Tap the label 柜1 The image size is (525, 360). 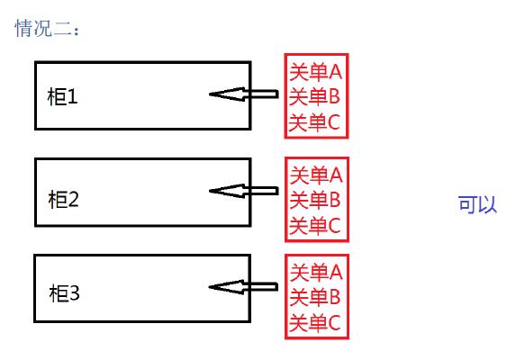pyautogui.click(x=62, y=96)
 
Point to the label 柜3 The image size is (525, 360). pyautogui.click(x=65, y=293)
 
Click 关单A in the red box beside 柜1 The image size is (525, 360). pyautogui.click(x=315, y=71)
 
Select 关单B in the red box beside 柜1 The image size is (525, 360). pyautogui.click(x=315, y=96)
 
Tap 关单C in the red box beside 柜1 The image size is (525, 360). pyautogui.click(x=315, y=121)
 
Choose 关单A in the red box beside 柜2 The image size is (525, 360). pyautogui.click(x=315, y=174)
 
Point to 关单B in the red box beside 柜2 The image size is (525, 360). pyautogui.click(x=315, y=199)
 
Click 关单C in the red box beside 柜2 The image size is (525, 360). pyautogui.click(x=315, y=224)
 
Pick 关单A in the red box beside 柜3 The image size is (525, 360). pyautogui.click(x=315, y=271)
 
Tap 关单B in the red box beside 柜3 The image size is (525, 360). pyautogui.click(x=315, y=296)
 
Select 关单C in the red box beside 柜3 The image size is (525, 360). pyautogui.click(x=315, y=321)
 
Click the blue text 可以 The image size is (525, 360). pyautogui.click(x=477, y=204)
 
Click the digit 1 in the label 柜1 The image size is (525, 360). pyautogui.click(x=73, y=96)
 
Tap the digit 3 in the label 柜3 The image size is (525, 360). pyautogui.click(x=76, y=293)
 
